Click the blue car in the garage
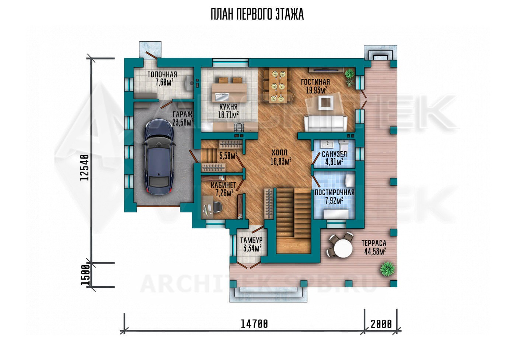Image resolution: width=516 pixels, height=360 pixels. (x=159, y=157)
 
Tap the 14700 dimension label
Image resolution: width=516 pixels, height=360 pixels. (x=255, y=324)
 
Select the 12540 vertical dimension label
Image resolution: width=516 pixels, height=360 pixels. (x=84, y=167)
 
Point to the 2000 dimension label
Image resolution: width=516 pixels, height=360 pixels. (x=381, y=324)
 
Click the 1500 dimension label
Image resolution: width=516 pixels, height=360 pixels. (x=85, y=275)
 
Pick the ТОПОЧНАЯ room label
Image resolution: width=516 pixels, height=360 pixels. (x=162, y=75)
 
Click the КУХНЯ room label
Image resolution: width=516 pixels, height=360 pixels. (x=228, y=107)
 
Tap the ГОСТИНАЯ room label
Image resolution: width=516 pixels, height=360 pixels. (x=315, y=82)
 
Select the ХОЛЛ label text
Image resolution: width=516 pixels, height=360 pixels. (x=279, y=153)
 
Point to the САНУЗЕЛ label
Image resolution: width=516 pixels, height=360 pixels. (x=334, y=154)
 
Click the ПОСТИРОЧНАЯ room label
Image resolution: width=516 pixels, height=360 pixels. (x=335, y=193)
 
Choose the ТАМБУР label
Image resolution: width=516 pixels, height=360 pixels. (x=251, y=240)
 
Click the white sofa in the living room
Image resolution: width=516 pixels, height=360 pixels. (x=325, y=123)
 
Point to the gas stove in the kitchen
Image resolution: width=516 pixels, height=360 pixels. (x=239, y=127)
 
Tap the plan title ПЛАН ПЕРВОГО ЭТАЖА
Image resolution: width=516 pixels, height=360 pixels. (x=257, y=14)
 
